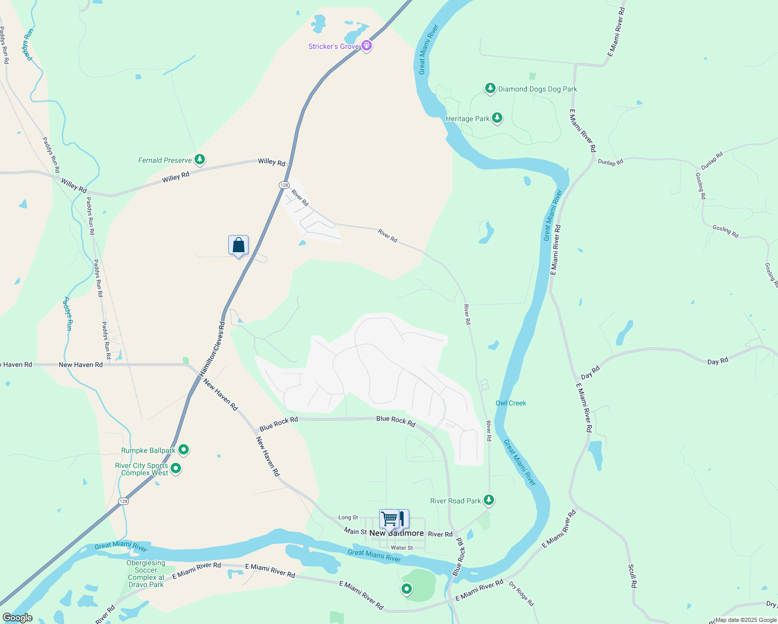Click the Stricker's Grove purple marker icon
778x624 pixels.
(x=367, y=46)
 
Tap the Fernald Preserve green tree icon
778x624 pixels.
(x=199, y=160)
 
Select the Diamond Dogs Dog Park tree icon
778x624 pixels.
(x=490, y=88)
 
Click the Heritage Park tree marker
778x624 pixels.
(x=497, y=118)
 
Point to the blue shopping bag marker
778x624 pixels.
(x=238, y=245)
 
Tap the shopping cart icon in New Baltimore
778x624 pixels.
(x=389, y=518)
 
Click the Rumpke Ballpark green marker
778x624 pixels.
(x=183, y=449)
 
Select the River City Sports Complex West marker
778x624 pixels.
(x=176, y=469)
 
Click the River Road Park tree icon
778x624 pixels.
(x=488, y=500)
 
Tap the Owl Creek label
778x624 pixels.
(x=511, y=403)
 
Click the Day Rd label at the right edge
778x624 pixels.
(x=718, y=361)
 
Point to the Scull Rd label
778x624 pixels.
(x=632, y=576)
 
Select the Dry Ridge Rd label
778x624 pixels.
(x=521, y=594)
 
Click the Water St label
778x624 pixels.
(x=401, y=548)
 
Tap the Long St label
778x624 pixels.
(x=348, y=517)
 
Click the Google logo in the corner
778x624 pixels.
(x=17, y=618)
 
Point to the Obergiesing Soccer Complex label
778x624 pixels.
(x=146, y=574)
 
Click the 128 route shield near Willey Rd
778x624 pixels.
(x=283, y=185)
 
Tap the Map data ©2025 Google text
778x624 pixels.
(x=746, y=620)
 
